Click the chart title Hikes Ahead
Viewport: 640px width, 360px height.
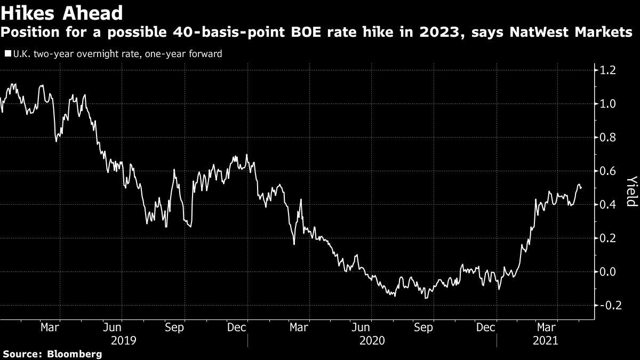[x=62, y=13]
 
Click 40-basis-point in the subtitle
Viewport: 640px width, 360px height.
[x=228, y=33]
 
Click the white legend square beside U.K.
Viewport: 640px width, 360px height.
[x=8, y=54]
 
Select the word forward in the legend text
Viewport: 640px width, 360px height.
[x=205, y=54]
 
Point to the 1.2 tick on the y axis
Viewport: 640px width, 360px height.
[x=607, y=70]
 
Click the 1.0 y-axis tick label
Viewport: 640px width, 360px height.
[x=607, y=103]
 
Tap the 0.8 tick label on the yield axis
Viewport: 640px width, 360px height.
[x=607, y=138]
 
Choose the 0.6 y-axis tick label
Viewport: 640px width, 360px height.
[x=607, y=171]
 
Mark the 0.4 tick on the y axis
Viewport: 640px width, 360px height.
[x=607, y=205]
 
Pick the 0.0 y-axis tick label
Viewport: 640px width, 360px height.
[x=607, y=271]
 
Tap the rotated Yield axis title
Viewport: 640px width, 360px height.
[x=632, y=191]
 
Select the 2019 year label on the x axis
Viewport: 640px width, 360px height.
[x=123, y=341]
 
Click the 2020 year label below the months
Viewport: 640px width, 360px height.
[x=372, y=341]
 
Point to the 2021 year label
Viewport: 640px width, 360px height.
[x=545, y=341]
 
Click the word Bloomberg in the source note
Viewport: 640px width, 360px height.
[x=75, y=354]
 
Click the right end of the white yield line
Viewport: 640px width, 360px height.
[x=581, y=188]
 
